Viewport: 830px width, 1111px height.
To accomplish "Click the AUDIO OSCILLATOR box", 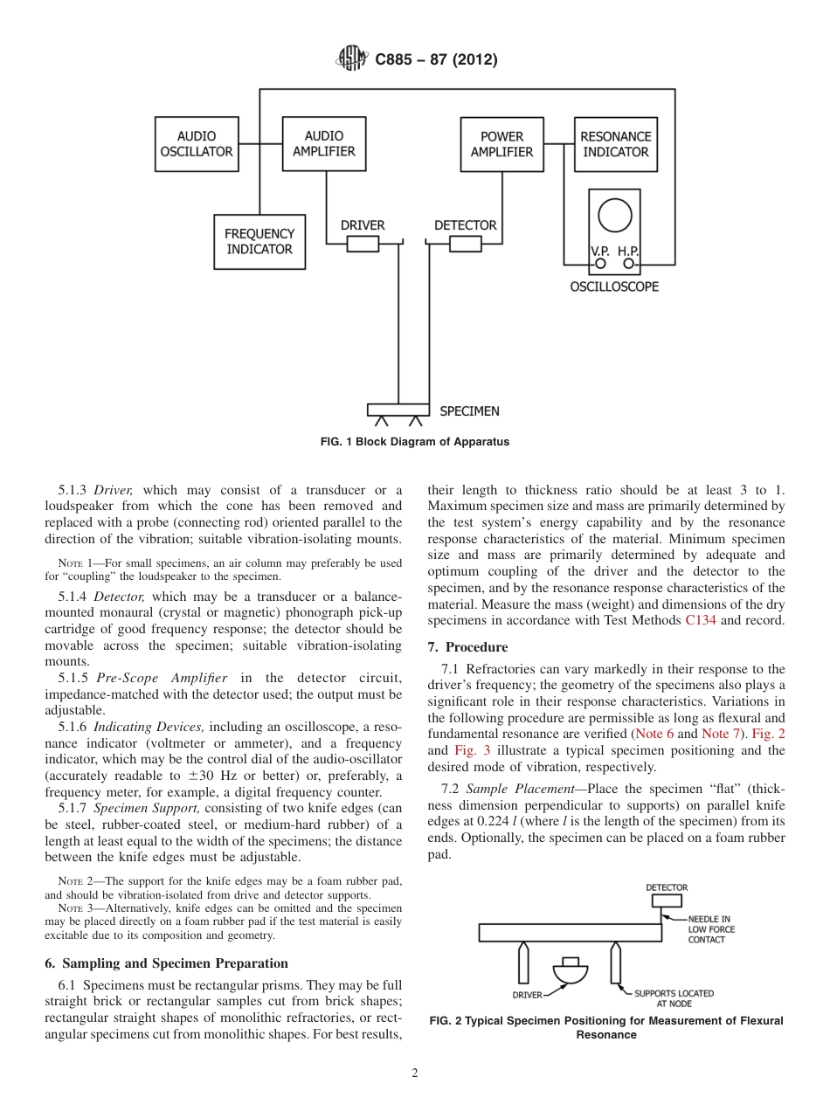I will click(x=197, y=144).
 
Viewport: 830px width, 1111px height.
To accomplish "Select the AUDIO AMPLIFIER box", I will click(x=324, y=144).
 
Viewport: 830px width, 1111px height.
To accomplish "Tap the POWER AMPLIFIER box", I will click(x=501, y=144).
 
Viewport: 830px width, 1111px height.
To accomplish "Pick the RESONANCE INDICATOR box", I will click(x=615, y=144).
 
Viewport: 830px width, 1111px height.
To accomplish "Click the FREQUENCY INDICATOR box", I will click(x=259, y=242).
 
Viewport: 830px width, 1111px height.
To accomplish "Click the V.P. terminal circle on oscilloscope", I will click(x=601, y=262).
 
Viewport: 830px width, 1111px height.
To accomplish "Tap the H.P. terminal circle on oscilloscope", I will click(x=628, y=262).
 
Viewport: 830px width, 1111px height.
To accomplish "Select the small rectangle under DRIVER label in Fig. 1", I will click(x=363, y=245).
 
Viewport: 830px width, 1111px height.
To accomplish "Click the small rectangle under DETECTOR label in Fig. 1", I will click(x=465, y=245).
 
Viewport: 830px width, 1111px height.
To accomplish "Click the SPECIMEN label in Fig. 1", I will click(x=469, y=411).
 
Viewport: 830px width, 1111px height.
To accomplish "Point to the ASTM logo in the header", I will click(x=353, y=59).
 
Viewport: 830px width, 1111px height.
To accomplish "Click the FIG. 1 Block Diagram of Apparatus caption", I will click(x=415, y=442).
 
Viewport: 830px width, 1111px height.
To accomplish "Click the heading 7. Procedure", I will click(x=467, y=647).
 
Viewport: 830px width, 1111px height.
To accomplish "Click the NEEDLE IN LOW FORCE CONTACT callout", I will click(x=711, y=929).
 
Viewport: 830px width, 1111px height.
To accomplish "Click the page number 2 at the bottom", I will click(x=415, y=1073).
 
